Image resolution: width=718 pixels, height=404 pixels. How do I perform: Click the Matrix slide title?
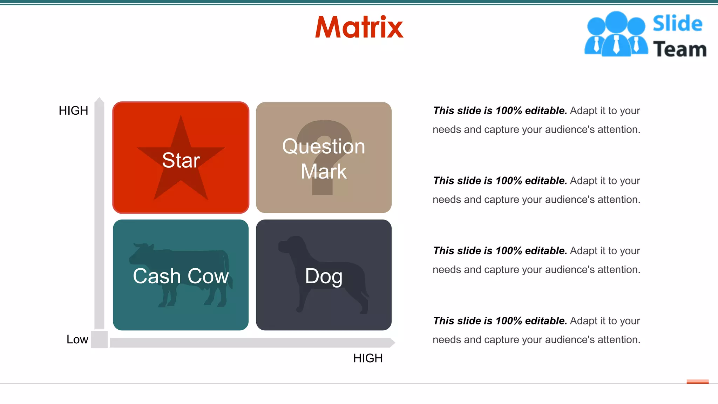click(x=359, y=27)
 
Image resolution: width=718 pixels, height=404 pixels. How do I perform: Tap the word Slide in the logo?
click(x=677, y=24)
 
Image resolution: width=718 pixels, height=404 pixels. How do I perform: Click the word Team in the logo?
click(x=679, y=49)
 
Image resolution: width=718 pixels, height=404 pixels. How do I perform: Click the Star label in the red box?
click(x=181, y=160)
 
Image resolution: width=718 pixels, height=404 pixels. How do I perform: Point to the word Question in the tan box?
click(x=324, y=146)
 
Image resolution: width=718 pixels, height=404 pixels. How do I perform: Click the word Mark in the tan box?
click(x=324, y=171)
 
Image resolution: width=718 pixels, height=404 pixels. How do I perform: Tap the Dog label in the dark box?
click(x=324, y=276)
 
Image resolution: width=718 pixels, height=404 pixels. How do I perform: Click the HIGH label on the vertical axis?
click(x=73, y=111)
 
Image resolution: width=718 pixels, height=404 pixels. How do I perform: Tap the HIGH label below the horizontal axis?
click(x=368, y=358)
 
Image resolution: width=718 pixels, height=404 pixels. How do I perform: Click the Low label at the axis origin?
click(x=77, y=339)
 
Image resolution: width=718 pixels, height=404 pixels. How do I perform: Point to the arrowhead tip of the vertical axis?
click(x=100, y=99)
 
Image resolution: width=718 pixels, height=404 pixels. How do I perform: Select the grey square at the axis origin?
click(x=99, y=339)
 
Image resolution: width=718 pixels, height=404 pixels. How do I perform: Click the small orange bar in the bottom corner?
click(x=697, y=382)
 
